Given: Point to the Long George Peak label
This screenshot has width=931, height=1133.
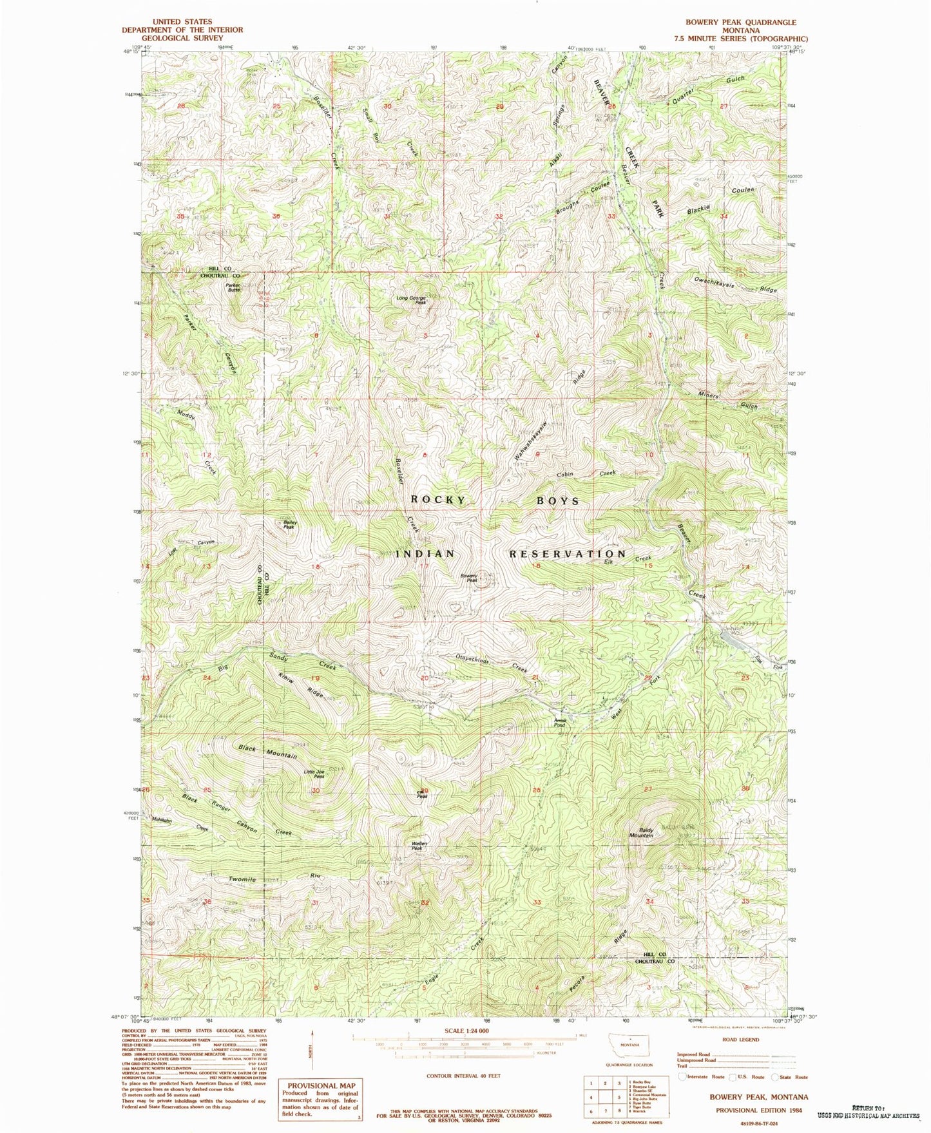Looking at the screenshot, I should tap(412, 300).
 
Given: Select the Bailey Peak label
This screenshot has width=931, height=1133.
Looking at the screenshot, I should tap(289, 524).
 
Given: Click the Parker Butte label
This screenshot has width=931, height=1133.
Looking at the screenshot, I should tap(233, 288).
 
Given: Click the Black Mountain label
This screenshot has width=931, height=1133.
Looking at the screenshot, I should tap(268, 752).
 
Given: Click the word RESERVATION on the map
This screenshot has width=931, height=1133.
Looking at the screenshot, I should tap(567, 553).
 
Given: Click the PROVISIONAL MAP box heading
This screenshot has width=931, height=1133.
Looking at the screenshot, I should tap(316, 1085).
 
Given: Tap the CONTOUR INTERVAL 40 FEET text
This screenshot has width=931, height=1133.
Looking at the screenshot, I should tap(463, 1076).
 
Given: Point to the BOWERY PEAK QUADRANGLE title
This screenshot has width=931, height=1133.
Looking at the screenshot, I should tap(740, 22).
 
